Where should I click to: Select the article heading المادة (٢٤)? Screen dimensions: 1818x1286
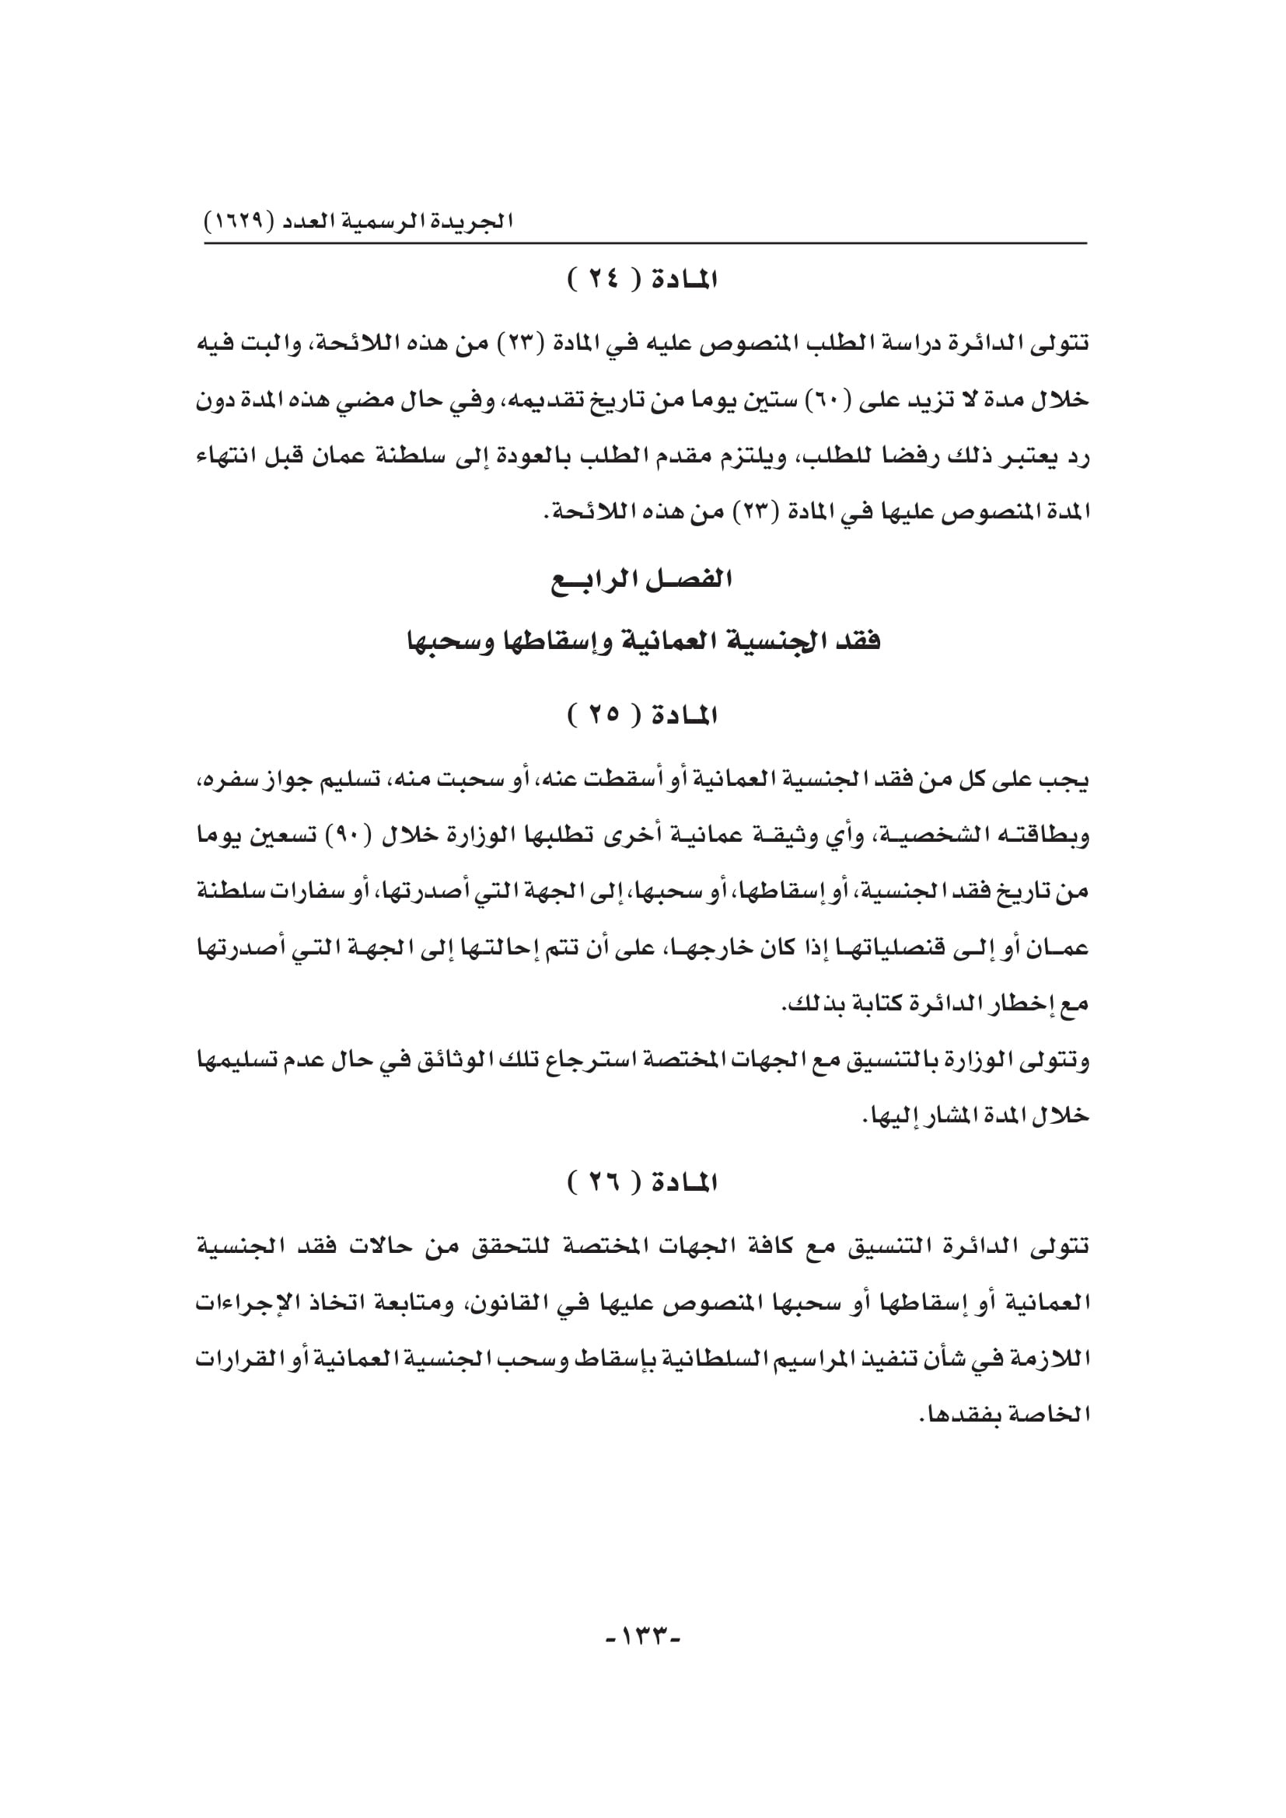[x=642, y=280]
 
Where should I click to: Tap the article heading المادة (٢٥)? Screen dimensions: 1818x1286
[x=642, y=716]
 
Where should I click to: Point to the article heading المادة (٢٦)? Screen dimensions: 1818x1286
[x=642, y=1183]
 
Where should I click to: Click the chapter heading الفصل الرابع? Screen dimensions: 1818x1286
[x=642, y=581]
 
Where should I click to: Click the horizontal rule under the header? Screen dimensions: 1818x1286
[x=645, y=243]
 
